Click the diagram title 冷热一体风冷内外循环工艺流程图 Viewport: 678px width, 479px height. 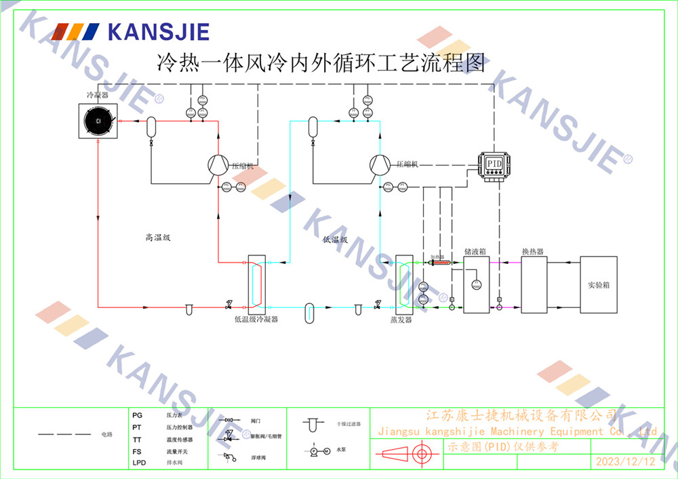(x=321, y=64)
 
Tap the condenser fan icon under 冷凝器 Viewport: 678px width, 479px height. (x=98, y=121)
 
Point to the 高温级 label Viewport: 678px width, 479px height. (x=157, y=237)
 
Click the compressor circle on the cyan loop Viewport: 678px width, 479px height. (x=380, y=164)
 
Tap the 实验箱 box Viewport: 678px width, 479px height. (x=598, y=285)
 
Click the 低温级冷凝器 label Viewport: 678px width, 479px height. (x=256, y=318)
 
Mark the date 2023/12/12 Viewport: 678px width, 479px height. (x=625, y=462)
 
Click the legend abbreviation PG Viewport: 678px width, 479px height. (x=138, y=415)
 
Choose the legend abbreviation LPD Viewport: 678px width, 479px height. (x=139, y=463)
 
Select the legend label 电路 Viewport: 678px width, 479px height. (x=106, y=434)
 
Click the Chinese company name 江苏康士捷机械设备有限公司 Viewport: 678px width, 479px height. (x=520, y=415)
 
